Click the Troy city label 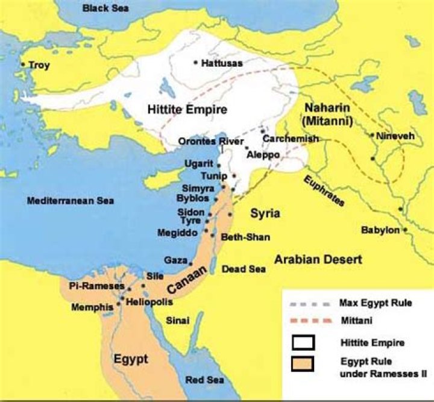pyautogui.click(x=39, y=65)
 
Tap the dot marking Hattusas pyautogui.click(x=196, y=62)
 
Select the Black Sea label pyautogui.click(x=106, y=8)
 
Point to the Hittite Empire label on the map pyautogui.click(x=187, y=110)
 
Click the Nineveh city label pyautogui.click(x=395, y=136)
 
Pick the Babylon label pyautogui.click(x=380, y=230)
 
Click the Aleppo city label pyautogui.click(x=263, y=155)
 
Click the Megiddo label pyautogui.click(x=177, y=232)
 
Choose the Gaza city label pyautogui.click(x=175, y=260)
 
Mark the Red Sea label pyautogui.click(x=204, y=380)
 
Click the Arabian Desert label pyautogui.click(x=318, y=260)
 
